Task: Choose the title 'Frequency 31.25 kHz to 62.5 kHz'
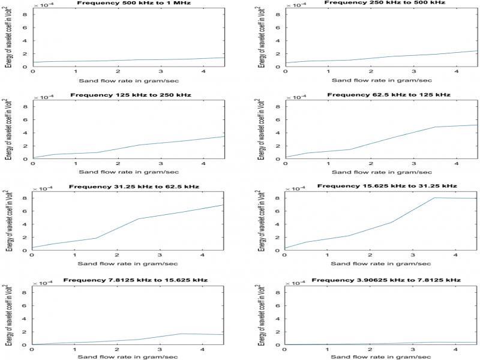[127, 187]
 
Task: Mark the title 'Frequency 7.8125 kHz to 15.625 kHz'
[127, 280]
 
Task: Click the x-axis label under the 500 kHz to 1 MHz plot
[128, 79]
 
